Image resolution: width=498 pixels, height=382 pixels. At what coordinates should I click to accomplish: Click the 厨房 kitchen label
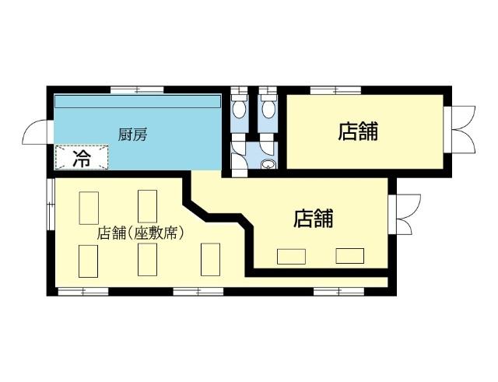(x=132, y=135)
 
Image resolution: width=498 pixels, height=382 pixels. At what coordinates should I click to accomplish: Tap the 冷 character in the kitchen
(x=82, y=159)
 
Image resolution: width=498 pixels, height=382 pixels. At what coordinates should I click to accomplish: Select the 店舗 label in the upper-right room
(x=358, y=131)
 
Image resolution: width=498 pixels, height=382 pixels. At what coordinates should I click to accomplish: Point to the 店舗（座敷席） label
(x=141, y=233)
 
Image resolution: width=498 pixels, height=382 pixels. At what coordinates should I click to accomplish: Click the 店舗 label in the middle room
(x=314, y=219)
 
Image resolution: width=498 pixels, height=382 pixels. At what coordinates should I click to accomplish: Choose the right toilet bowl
(x=268, y=107)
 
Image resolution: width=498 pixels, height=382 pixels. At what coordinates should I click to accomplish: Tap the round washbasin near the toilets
(x=268, y=163)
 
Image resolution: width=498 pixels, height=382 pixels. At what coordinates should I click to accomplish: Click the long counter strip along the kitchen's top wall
(x=138, y=102)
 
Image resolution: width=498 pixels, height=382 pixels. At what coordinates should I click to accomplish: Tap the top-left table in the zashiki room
(x=89, y=206)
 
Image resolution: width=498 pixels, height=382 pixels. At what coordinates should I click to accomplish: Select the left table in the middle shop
(x=292, y=256)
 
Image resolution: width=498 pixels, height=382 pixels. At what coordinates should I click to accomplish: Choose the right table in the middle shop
(x=349, y=255)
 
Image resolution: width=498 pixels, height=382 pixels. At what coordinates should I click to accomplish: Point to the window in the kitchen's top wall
(x=136, y=90)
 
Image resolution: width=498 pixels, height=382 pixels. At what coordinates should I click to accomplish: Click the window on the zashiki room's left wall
(x=50, y=205)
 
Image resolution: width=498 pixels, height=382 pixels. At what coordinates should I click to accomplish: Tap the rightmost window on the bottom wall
(x=338, y=291)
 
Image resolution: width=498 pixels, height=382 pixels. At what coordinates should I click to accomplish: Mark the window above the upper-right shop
(x=335, y=90)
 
